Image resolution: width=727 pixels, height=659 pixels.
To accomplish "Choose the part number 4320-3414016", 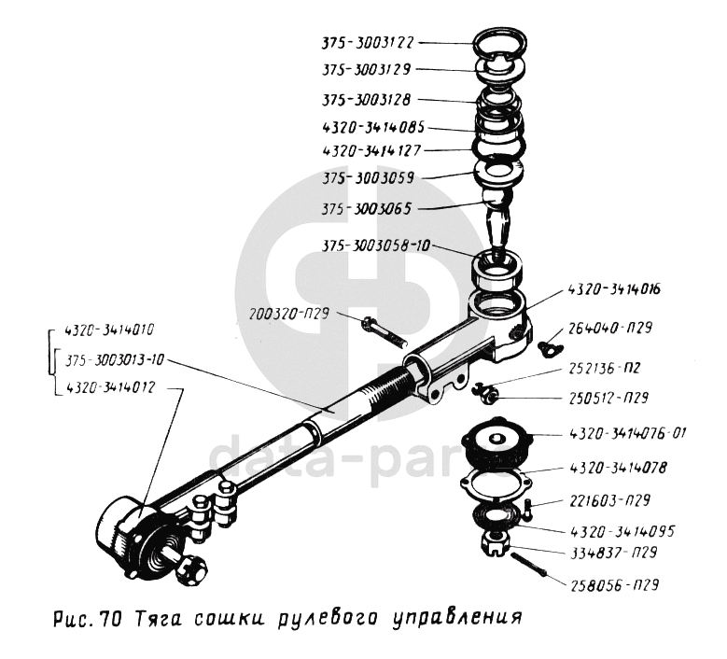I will (613, 290).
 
